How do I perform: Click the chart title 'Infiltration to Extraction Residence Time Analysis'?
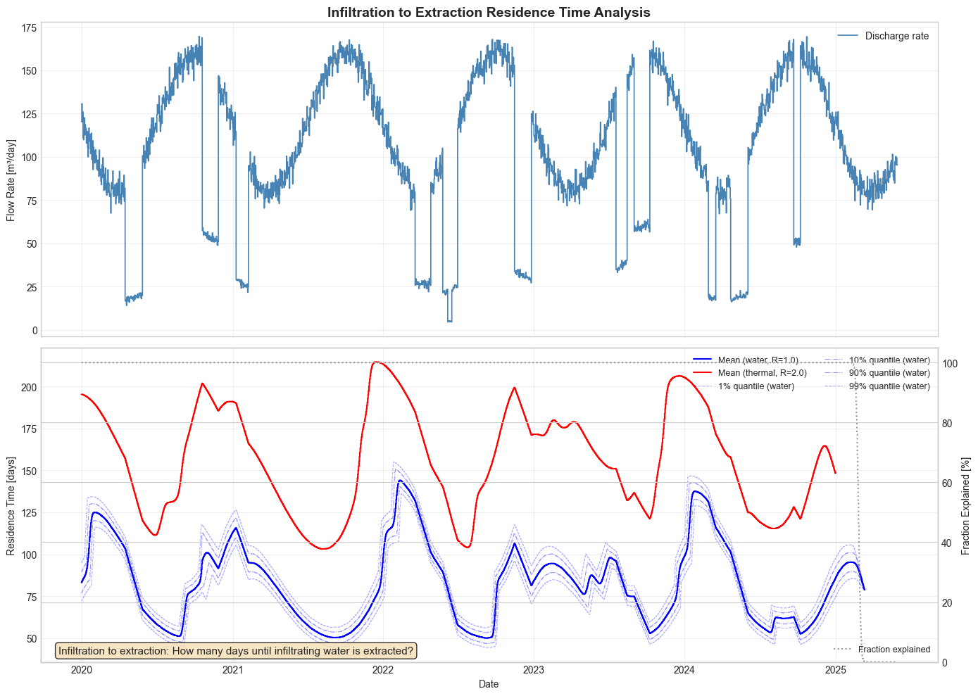[489, 12]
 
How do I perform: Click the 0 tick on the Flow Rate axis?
[32, 331]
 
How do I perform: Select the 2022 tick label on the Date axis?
[383, 670]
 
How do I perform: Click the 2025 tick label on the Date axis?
[835, 670]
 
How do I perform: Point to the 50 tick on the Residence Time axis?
[30, 638]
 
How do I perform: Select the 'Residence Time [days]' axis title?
[11, 505]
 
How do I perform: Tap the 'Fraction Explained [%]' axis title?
[967, 505]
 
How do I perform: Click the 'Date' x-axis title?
[489, 684]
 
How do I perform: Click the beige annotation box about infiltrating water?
[236, 651]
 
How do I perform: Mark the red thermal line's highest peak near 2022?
[377, 362]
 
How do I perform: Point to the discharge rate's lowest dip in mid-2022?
[449, 321]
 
